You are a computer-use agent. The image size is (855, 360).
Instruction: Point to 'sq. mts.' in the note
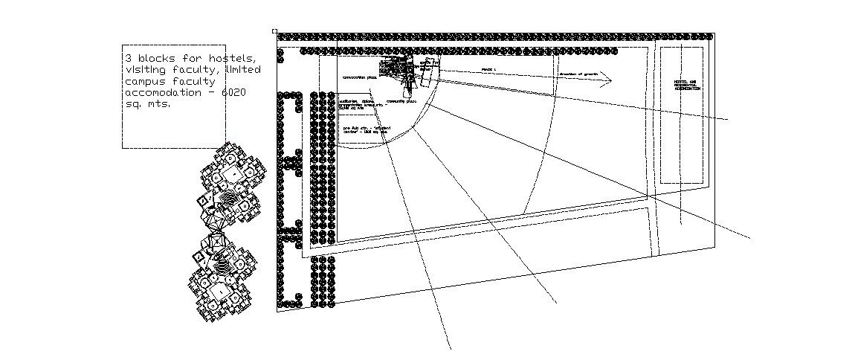pyautogui.click(x=148, y=104)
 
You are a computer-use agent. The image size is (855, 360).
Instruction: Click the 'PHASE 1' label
pyautogui.click(x=488, y=69)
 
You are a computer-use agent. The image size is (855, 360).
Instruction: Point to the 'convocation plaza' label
pyautogui.click(x=360, y=77)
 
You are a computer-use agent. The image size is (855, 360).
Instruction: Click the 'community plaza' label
pyautogui.click(x=401, y=101)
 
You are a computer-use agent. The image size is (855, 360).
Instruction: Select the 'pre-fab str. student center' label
pyautogui.click(x=367, y=129)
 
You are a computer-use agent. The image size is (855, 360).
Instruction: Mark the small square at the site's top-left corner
pyautogui.click(x=274, y=31)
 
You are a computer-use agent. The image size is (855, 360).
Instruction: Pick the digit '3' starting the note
pyautogui.click(x=128, y=58)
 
